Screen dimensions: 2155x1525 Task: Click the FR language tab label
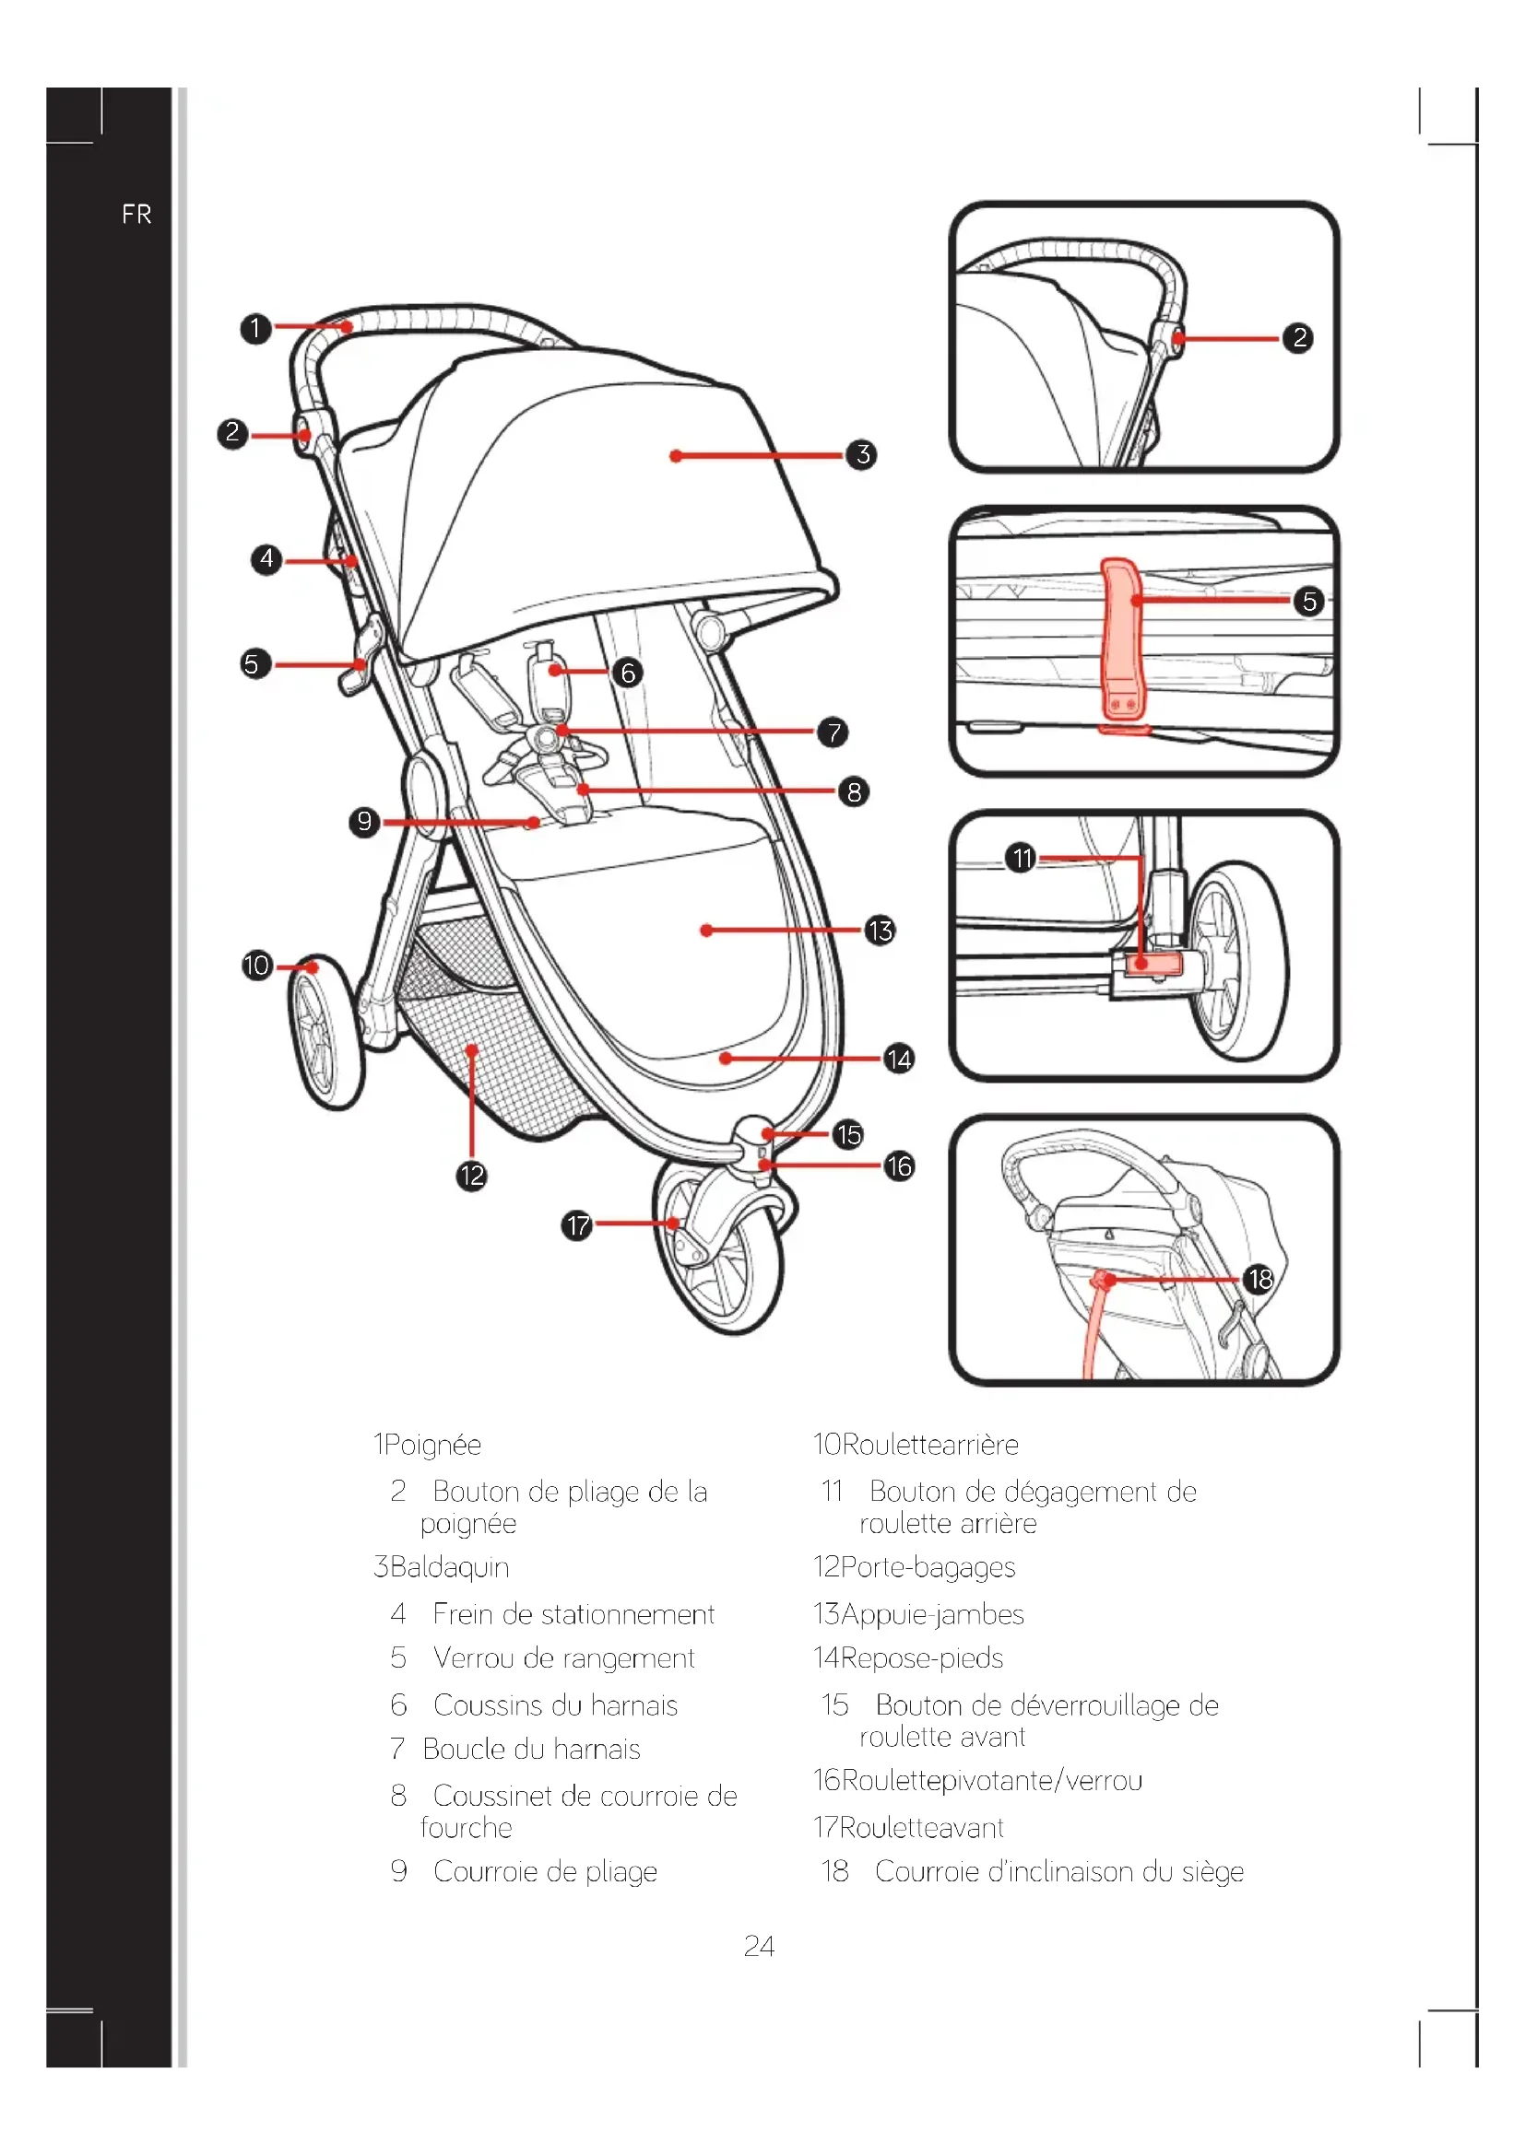pos(136,215)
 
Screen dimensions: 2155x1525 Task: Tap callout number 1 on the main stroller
pos(255,329)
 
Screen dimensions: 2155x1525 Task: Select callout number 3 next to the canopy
pos(861,455)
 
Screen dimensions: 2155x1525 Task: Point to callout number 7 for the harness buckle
pos(832,732)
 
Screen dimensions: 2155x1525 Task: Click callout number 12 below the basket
pos(471,1175)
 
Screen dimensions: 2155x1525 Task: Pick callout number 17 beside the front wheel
pos(576,1224)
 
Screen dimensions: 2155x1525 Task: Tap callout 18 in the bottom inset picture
pos(1259,1279)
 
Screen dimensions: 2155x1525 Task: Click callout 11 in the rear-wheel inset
pos(1021,858)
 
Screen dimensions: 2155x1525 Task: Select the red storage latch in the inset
pos(1120,638)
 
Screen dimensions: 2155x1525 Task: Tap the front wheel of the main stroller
pos(718,1248)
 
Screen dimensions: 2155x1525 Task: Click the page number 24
pos(759,1946)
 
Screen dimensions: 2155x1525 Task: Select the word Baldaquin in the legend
pos(449,1566)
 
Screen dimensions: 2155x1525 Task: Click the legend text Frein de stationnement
pos(573,1613)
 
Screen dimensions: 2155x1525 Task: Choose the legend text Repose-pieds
pos(922,1657)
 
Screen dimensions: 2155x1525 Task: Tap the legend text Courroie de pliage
pos(545,1870)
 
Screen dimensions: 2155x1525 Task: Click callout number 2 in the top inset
pos(1299,338)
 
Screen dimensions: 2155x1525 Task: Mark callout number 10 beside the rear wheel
pos(256,966)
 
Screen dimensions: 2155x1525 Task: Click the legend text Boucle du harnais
pos(531,1749)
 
